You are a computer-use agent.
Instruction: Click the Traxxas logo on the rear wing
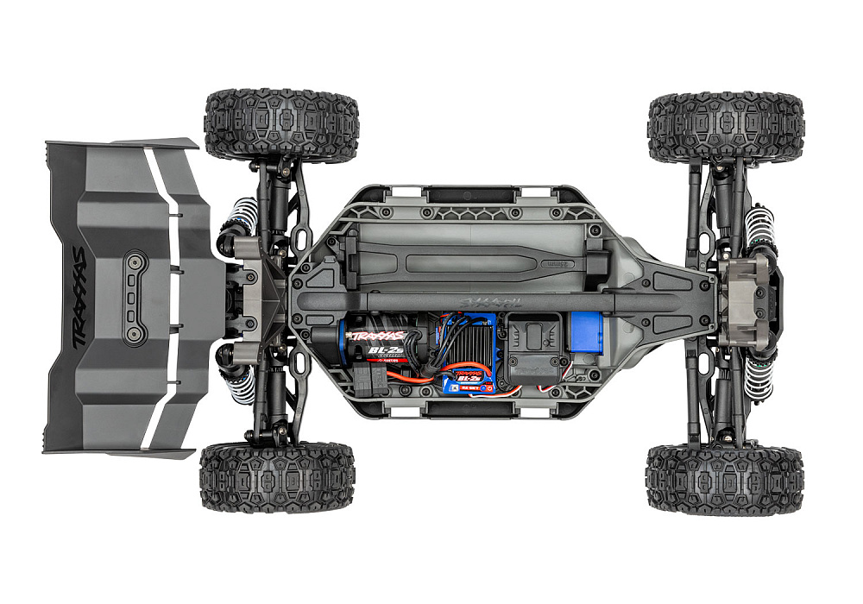click(81, 299)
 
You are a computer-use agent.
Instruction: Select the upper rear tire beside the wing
click(281, 124)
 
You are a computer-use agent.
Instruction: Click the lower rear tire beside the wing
click(277, 477)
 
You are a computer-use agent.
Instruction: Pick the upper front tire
click(725, 127)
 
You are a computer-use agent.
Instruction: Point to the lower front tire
click(724, 480)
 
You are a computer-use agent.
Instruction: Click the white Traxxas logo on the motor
click(376, 336)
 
